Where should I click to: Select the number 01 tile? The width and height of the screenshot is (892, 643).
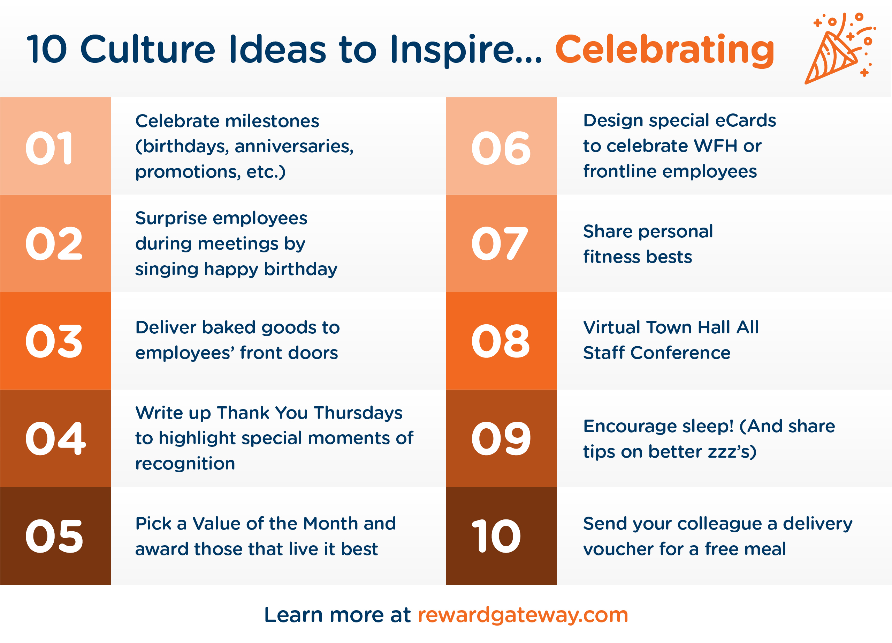[55, 146]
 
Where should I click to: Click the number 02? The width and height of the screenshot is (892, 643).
[54, 244]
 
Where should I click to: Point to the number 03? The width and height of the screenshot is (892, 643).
[54, 341]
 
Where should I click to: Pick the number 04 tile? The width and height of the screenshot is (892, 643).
[55, 439]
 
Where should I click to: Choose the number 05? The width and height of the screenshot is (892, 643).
[54, 536]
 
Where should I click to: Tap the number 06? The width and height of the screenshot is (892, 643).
[501, 148]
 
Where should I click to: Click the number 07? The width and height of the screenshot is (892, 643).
[500, 244]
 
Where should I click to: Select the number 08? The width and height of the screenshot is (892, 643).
[501, 341]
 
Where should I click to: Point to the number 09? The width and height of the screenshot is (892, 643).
[501, 439]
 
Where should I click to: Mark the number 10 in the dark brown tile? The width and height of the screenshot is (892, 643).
[496, 536]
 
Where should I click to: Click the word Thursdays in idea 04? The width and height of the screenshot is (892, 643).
[358, 413]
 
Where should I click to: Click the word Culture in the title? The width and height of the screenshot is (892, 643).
[148, 50]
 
